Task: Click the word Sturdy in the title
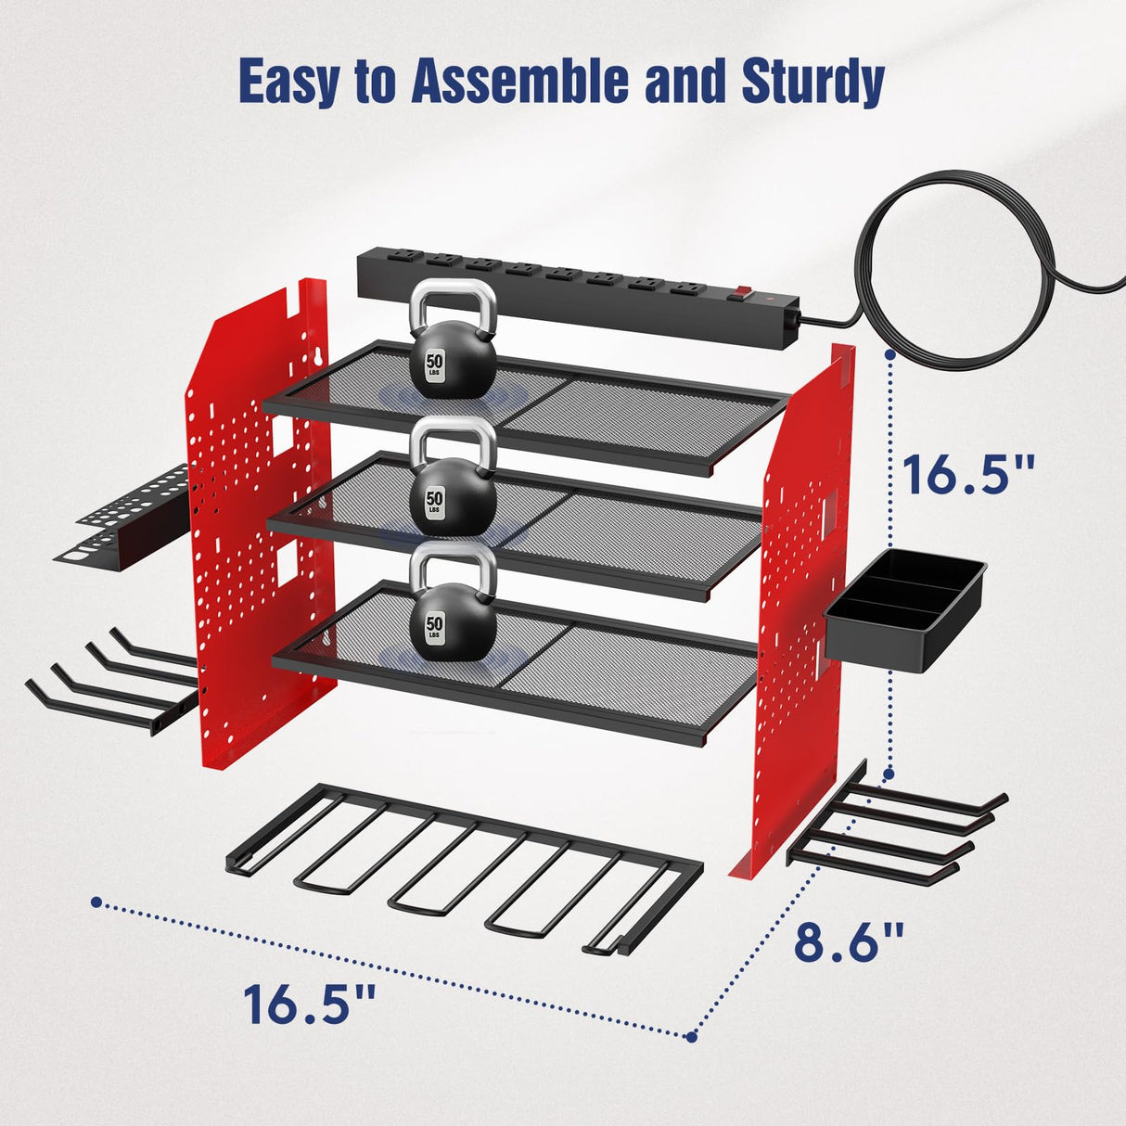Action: [x=812, y=82]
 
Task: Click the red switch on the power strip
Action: [x=738, y=297]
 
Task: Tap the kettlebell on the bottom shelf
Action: [x=454, y=621]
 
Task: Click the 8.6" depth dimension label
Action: [x=848, y=941]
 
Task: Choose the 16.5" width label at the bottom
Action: [x=310, y=1004]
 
